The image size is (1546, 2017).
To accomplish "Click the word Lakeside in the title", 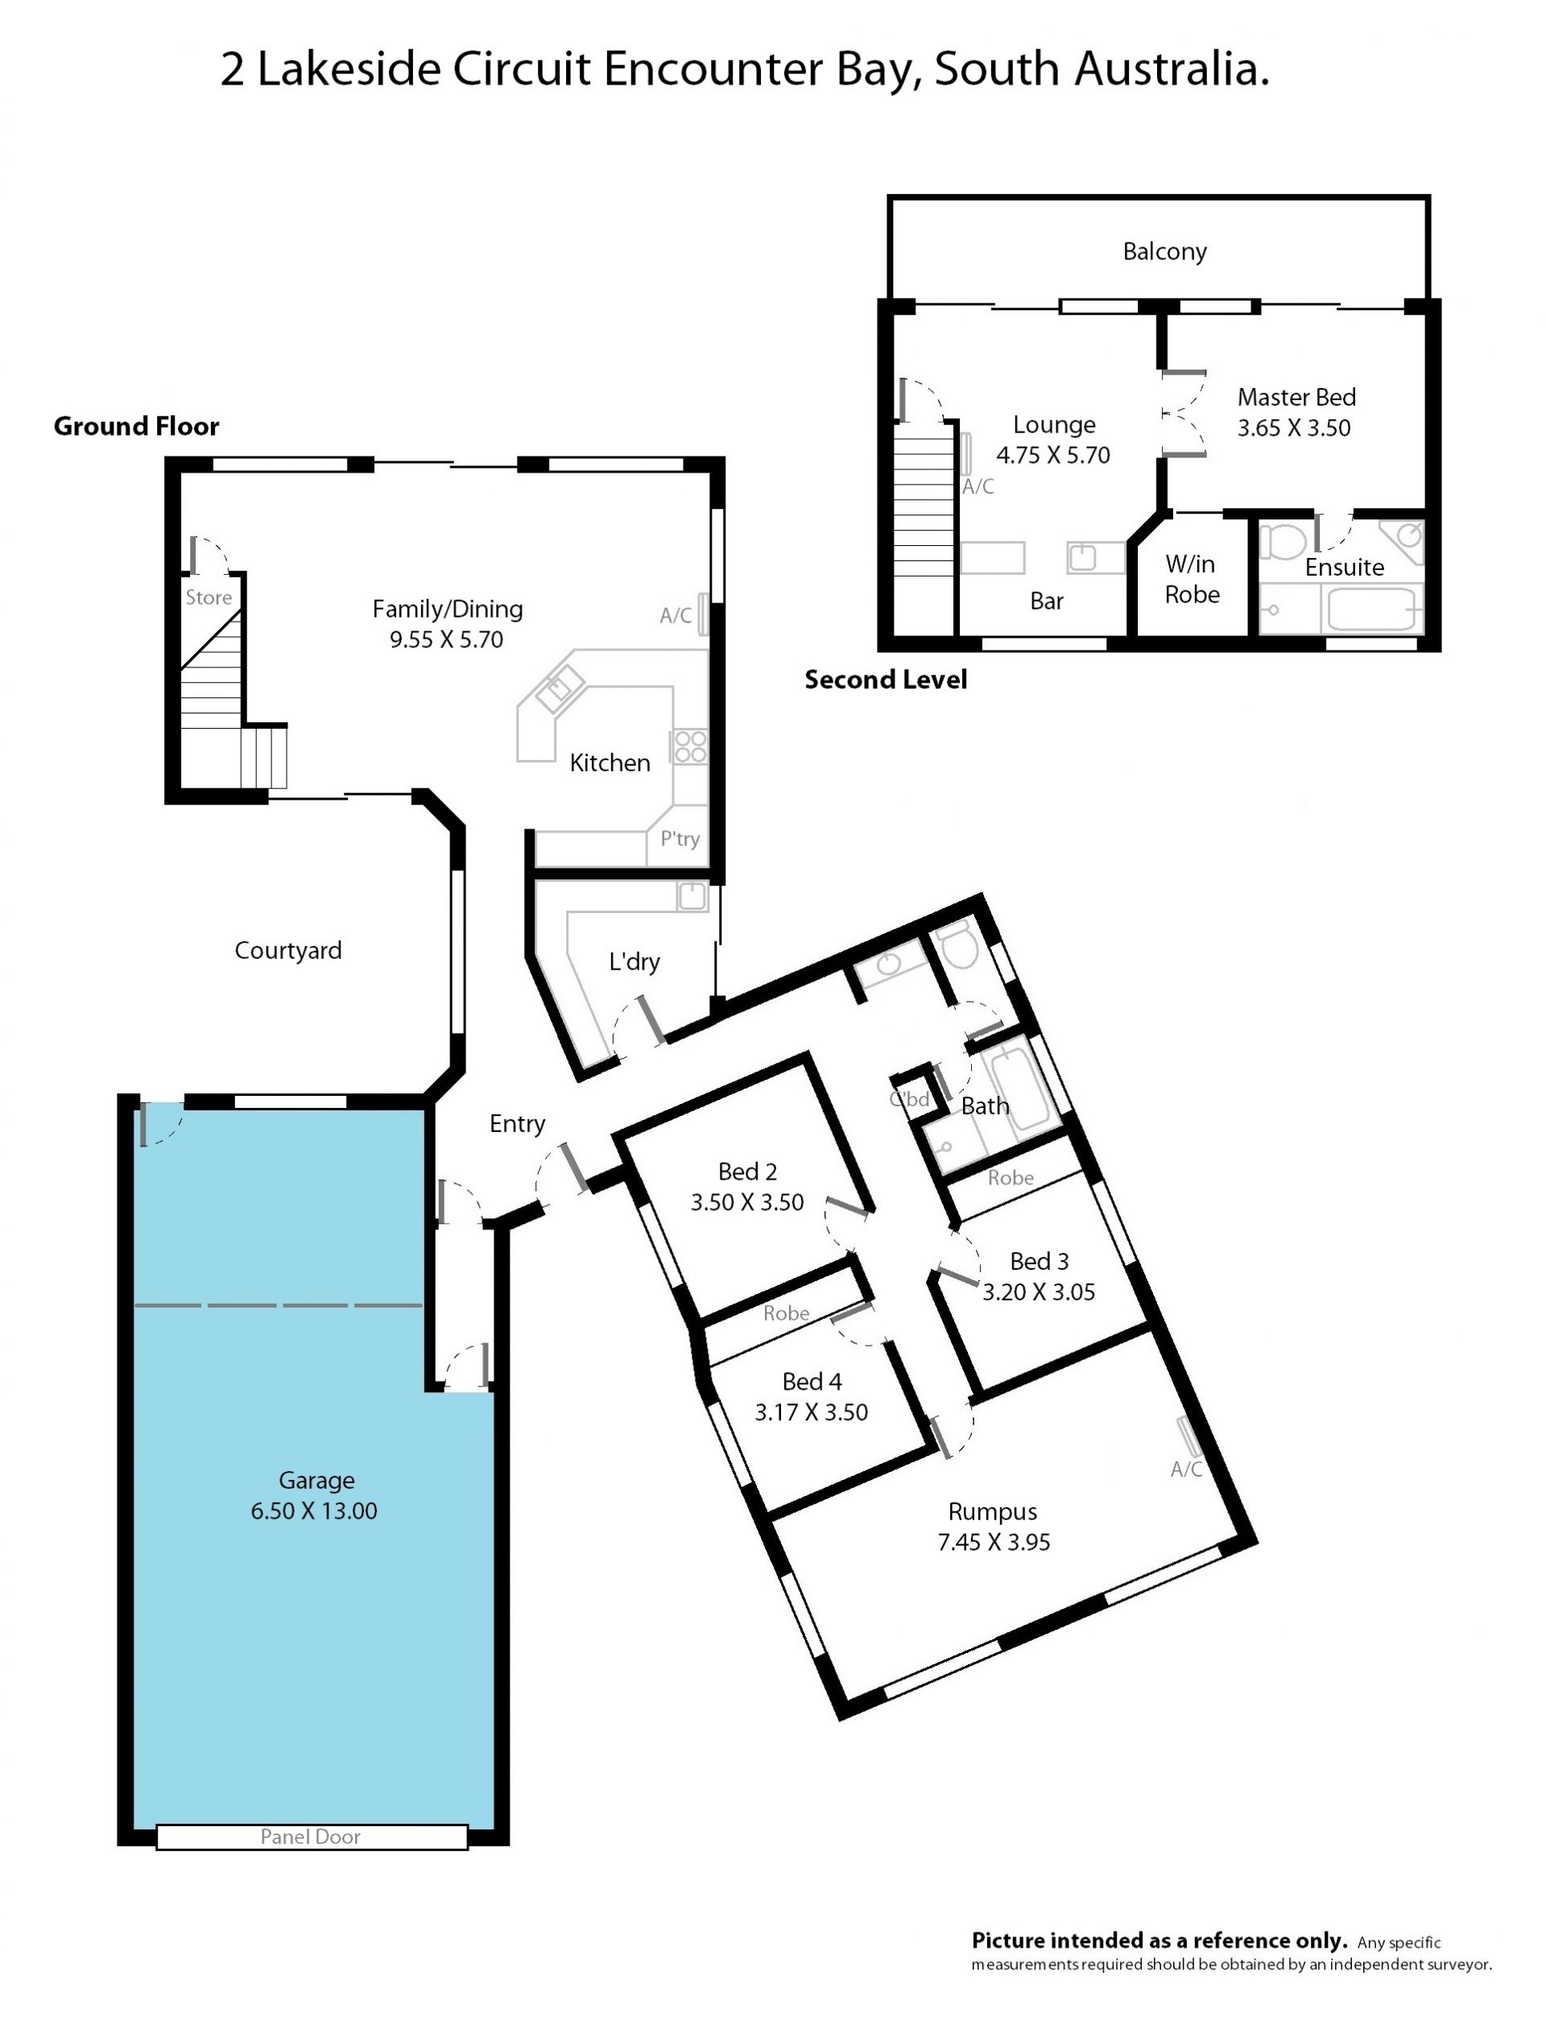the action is [x=349, y=70].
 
